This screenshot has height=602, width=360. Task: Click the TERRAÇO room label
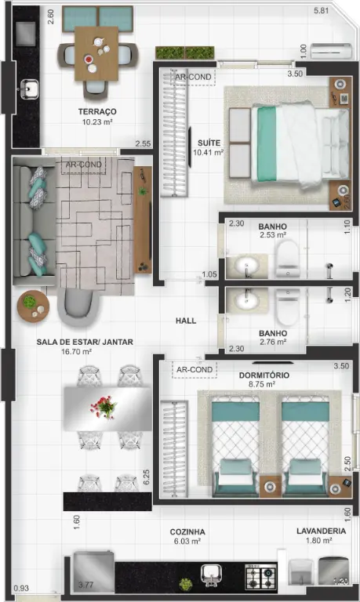tap(97, 112)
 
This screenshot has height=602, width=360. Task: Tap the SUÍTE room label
tap(209, 143)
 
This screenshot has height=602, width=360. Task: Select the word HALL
tap(186, 321)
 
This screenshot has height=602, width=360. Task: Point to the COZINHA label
tap(187, 531)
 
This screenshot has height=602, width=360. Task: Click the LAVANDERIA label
tap(322, 531)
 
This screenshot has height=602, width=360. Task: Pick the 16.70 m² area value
tap(76, 351)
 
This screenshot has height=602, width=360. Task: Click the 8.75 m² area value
tap(262, 384)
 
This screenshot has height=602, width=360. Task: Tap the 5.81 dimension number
tap(322, 11)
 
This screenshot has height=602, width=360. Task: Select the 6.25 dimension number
tap(146, 477)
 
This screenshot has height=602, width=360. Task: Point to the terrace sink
tap(29, 89)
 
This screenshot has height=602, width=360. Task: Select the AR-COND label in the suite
tap(193, 77)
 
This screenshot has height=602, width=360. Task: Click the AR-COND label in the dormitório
tap(195, 369)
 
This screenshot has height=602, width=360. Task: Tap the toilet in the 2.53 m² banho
tap(288, 258)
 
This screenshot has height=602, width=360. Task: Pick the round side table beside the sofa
tap(33, 306)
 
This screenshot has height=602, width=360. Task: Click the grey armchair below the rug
tap(79, 306)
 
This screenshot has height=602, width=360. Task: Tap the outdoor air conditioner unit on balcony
tap(332, 51)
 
